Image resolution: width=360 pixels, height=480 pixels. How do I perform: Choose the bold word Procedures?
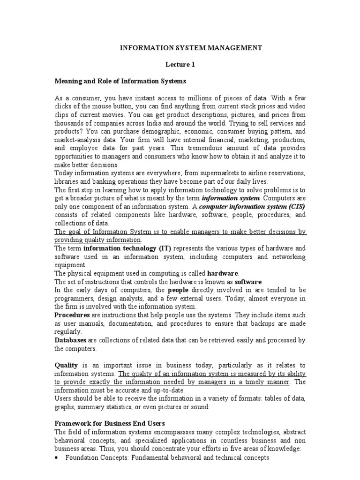[73, 315]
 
